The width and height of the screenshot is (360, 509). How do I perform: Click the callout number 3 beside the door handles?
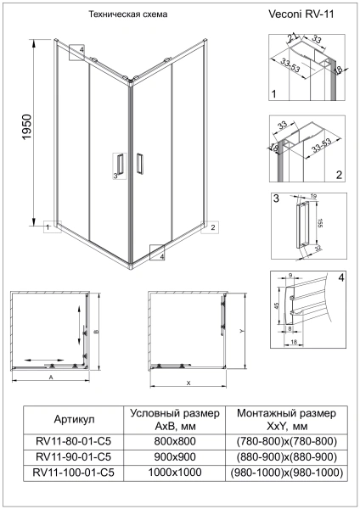point(114,176)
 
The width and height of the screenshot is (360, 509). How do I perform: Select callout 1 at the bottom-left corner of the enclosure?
point(50,227)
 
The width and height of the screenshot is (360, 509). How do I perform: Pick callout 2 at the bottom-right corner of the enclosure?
point(213,227)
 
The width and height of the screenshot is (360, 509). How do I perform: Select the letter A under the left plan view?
point(51,375)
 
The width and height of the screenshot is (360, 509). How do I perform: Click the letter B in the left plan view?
point(97,331)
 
